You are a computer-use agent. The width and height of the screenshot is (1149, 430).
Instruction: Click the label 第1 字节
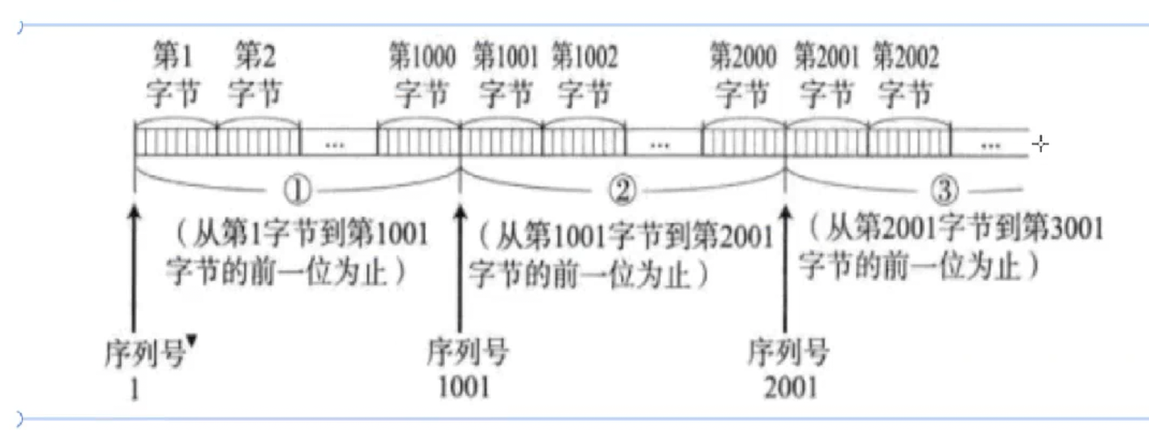pos(173,76)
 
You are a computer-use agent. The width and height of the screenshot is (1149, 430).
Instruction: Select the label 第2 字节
pos(255,76)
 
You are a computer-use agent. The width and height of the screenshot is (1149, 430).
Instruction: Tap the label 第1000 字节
pos(421,76)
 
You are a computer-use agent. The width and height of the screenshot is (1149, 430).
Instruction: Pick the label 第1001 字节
pos(504,76)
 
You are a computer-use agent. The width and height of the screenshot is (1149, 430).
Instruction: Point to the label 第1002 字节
pos(584,76)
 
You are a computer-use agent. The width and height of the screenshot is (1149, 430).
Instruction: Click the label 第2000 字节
pos(742,76)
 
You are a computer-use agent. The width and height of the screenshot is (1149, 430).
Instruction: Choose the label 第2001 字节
pos(826,76)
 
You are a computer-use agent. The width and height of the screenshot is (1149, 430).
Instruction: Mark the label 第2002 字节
pos(906,76)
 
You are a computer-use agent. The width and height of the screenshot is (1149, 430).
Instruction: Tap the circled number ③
pos(947,191)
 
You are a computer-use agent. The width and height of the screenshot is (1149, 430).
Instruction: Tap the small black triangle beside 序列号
pos(192,345)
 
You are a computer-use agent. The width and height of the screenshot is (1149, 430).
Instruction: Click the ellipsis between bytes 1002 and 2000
pos(660,144)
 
